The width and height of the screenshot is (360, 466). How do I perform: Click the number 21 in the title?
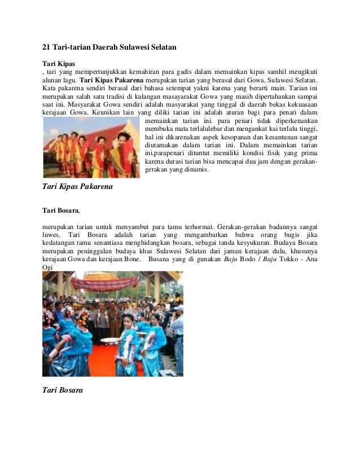coord(47,48)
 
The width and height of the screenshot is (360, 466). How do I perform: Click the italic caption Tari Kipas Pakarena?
coord(78,186)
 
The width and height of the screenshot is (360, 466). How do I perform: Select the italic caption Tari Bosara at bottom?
coord(63,389)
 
